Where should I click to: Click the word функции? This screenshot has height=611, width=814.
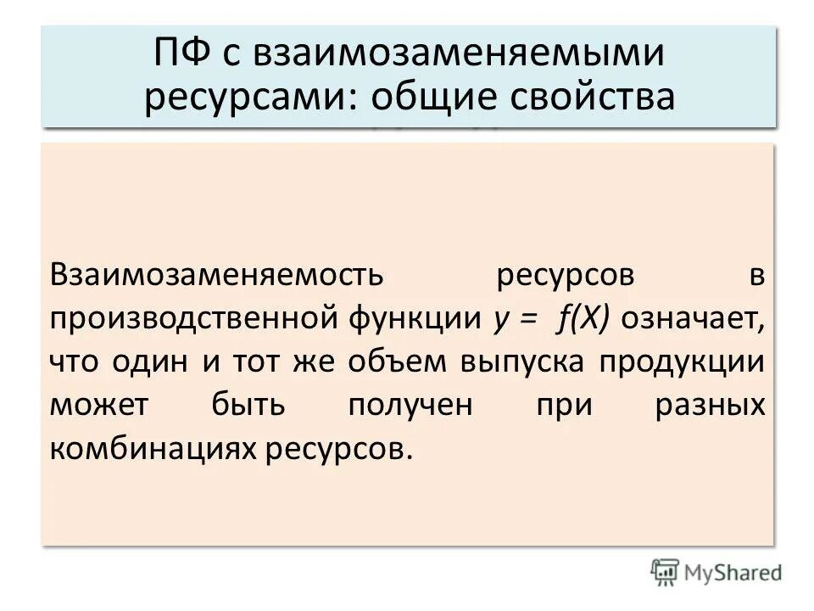coord(415,318)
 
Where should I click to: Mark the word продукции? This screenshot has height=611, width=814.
coord(683,362)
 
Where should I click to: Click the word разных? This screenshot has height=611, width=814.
coord(710,406)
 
